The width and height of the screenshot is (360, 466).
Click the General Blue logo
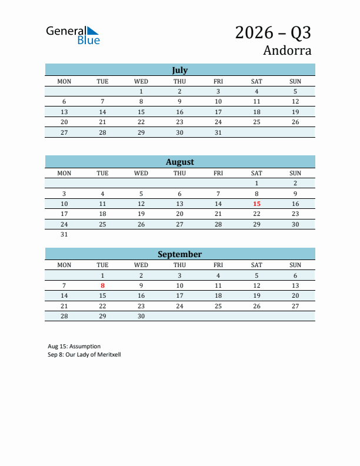coord(73,35)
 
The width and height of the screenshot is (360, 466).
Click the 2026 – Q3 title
coord(273,32)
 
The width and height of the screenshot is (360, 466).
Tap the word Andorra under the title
coord(287,51)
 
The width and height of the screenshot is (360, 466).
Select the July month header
coord(179,70)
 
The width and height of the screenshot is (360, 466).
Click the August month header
coord(179,162)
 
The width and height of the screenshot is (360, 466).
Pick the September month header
coord(179,254)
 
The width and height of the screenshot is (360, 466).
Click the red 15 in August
coord(256,204)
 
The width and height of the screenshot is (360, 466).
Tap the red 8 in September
coord(102,285)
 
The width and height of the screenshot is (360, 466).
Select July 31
coord(218,132)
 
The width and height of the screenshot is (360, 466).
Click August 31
coord(64,234)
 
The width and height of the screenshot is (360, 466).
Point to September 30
coord(141,316)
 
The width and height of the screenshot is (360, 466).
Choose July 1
coord(141,91)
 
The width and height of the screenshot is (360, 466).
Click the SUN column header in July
coord(295,81)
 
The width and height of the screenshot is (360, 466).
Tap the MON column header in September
coord(64,265)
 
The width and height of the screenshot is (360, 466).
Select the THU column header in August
coord(179,173)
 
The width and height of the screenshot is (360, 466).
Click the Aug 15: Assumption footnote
coord(74,347)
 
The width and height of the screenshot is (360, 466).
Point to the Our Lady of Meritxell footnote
coord(84,355)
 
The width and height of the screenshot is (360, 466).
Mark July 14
coord(102,112)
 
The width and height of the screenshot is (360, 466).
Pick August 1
coord(256,183)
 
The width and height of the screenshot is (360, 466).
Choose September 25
coord(218,306)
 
